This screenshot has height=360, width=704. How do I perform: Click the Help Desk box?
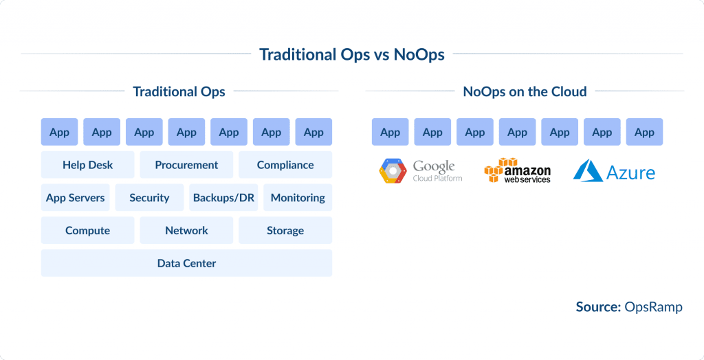pos(87,165)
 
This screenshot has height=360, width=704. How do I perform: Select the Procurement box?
pos(186,165)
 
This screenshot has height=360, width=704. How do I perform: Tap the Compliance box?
pos(285,165)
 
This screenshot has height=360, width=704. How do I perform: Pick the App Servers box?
pos(76,197)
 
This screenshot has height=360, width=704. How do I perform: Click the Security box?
pos(149,197)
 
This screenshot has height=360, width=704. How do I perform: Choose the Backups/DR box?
pos(223,197)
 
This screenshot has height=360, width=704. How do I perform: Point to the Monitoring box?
pos(298,197)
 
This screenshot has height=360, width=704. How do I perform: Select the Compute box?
pos(87,230)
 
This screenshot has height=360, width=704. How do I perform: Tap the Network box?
pos(186,230)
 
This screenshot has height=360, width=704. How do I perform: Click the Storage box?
pos(285,230)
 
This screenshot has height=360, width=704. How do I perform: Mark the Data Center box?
pos(186,263)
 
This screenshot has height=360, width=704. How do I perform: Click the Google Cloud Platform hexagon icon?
pos(393,171)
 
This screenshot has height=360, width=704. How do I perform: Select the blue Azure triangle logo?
pos(588,171)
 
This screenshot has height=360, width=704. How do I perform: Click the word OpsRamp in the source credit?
pos(653,307)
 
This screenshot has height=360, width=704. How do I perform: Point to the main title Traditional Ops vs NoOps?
pos(351,54)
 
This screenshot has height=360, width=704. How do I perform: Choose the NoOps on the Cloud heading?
pos(525,91)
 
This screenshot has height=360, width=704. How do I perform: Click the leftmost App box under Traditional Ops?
pos(59,132)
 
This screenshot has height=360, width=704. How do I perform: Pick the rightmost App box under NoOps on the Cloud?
pos(644,132)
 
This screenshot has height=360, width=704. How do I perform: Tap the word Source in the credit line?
pos(597,307)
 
